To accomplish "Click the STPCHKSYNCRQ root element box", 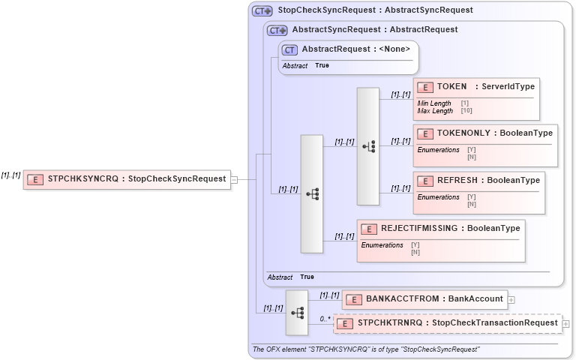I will tap(127, 179).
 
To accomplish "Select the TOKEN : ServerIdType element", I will tap(476, 87).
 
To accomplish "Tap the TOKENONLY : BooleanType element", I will tap(485, 133).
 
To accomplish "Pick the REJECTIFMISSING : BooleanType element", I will tap(440, 228).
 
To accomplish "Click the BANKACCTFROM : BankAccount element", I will tap(424, 299).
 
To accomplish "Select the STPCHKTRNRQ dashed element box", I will tap(448, 323).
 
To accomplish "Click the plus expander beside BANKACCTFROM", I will tap(511, 300).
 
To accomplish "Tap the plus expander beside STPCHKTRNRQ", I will tap(565, 324).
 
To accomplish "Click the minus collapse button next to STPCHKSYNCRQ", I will tap(235, 179).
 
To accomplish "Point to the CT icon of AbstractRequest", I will tap(290, 50).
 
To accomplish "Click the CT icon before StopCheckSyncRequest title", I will tap(262, 10).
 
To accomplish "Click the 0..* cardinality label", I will tap(325, 319).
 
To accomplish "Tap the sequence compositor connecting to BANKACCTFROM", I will tap(297, 312).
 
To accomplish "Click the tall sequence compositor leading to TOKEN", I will tap(367, 146).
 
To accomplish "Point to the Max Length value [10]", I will tap(466, 111).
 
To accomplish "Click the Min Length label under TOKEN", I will tap(434, 103).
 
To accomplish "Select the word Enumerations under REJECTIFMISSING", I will tap(382, 245).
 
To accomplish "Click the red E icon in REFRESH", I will tap(425, 181).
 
